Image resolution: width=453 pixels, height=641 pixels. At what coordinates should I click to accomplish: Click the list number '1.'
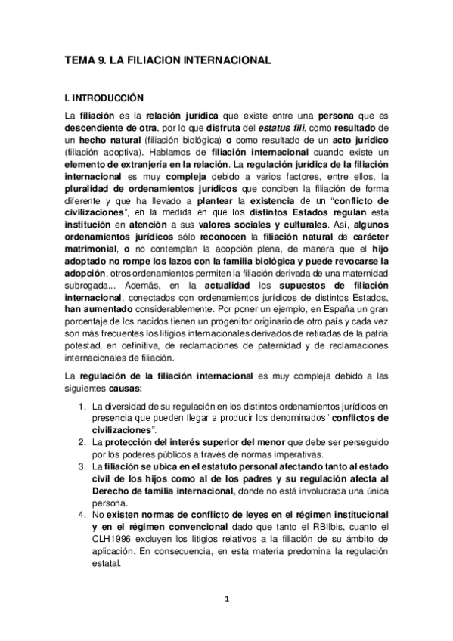85,407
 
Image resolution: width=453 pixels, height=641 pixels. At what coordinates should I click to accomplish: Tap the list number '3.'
85,466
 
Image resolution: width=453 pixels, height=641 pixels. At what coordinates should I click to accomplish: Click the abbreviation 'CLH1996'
112,539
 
